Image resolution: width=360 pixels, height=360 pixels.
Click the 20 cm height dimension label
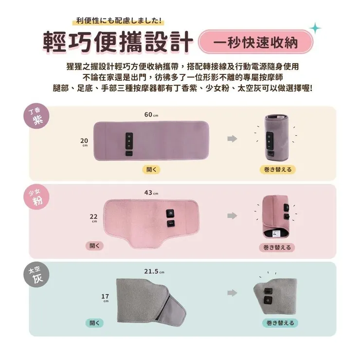[85, 142]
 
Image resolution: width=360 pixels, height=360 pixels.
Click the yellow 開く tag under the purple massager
[150, 169]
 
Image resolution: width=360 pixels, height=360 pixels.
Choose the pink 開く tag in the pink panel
[95, 246]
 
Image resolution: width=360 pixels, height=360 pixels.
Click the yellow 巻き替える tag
[278, 169]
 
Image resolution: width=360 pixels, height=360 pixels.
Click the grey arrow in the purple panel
[232, 139]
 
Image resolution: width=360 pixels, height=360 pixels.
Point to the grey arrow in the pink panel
[232, 216]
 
